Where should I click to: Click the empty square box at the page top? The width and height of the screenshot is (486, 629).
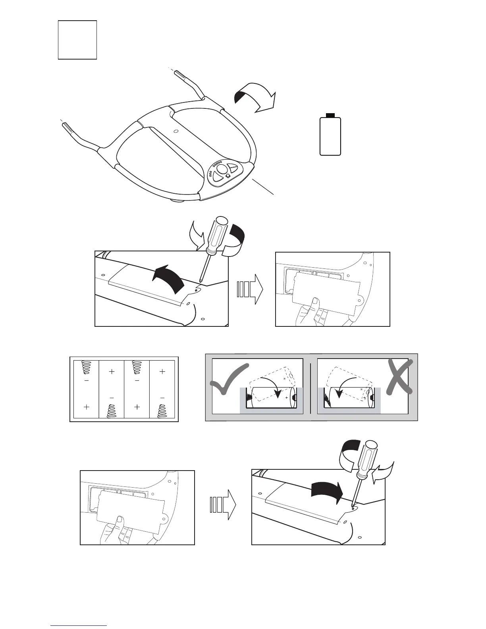point(77,40)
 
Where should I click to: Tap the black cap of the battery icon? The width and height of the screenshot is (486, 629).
point(330,115)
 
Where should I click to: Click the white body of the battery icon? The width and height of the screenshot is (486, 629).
point(330,137)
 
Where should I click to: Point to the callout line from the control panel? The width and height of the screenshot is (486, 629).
point(263,186)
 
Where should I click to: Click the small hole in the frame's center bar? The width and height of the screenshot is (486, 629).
point(175,131)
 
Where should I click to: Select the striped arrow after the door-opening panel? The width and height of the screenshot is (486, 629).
point(250,289)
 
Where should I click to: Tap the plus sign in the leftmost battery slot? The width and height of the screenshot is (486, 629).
point(87,407)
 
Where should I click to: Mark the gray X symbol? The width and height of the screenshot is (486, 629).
point(399,376)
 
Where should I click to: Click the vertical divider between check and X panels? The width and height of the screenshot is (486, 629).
point(310,387)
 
